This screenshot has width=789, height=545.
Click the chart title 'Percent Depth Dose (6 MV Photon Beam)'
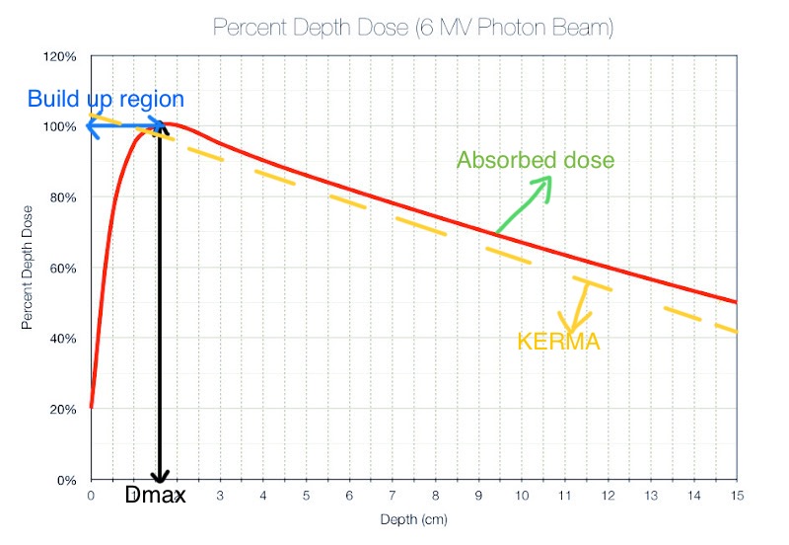click(412, 28)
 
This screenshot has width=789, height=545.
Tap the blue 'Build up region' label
click(106, 100)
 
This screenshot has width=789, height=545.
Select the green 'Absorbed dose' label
click(536, 160)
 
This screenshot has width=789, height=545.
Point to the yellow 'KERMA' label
click(558, 342)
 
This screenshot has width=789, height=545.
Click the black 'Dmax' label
click(156, 496)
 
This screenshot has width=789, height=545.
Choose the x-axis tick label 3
click(220, 495)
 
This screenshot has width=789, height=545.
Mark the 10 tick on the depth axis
click(521, 495)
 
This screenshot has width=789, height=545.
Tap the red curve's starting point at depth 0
click(92, 406)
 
